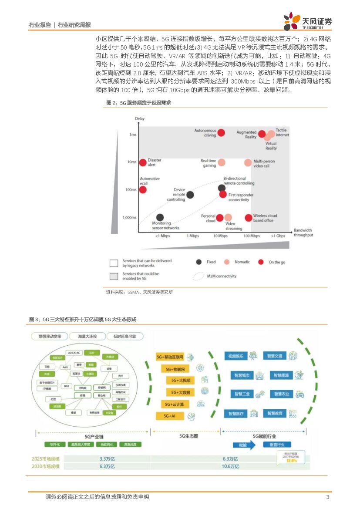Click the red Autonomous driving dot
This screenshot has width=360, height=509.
coord(221,133)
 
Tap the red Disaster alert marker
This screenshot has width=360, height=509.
coord(142,162)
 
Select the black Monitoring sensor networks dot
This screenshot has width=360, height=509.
coord(160,217)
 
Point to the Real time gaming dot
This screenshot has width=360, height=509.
coord(222,162)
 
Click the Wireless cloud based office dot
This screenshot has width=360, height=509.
coord(249,218)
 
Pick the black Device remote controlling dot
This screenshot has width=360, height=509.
coord(190,195)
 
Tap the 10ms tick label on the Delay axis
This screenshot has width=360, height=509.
coord(131,162)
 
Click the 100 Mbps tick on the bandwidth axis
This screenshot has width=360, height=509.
coord(252,236)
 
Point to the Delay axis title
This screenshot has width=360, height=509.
coord(140,118)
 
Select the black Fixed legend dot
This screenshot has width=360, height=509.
coord(199,262)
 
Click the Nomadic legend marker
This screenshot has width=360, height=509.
coord(226,262)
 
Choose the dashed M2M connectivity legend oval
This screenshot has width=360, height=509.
coord(199,276)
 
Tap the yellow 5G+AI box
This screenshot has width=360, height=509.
coord(170,416)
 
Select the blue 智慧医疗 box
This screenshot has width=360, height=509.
coord(236,413)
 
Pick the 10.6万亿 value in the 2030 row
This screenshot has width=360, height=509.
coord(230,466)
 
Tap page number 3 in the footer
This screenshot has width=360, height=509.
coord(327,497)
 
